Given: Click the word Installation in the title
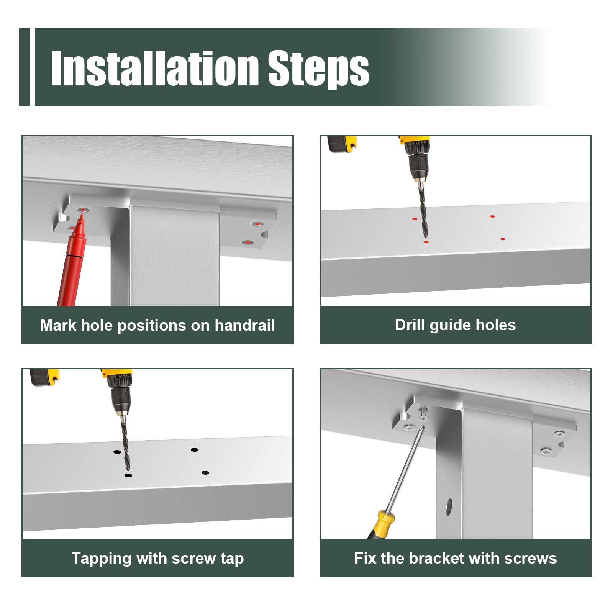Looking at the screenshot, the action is point(155,68).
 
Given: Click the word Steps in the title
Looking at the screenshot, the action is point(318,69).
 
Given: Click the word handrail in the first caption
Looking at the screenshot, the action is point(244,325).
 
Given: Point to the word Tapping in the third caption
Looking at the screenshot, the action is point(102,559).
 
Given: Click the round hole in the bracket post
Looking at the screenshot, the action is point(449,507).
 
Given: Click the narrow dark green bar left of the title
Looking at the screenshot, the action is point(24,67).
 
